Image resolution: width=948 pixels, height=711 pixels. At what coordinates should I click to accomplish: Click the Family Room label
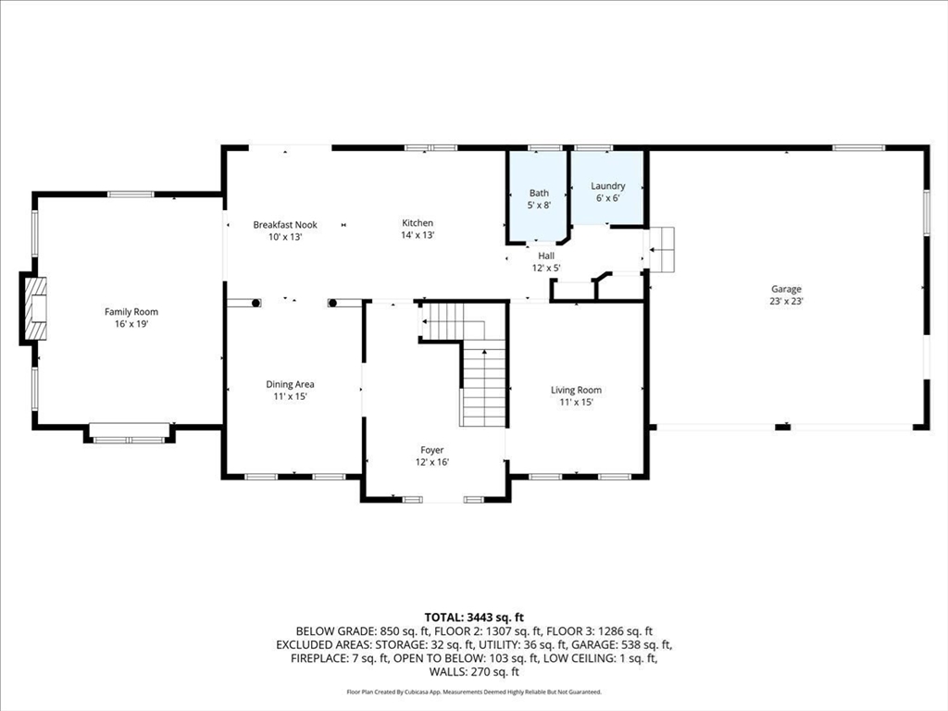click(x=131, y=312)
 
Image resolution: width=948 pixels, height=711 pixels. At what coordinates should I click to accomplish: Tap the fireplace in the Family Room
click(x=34, y=309)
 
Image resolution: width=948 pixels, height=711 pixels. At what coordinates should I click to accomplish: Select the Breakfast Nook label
click(x=285, y=225)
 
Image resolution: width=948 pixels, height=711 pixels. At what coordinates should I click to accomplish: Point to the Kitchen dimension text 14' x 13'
click(x=418, y=235)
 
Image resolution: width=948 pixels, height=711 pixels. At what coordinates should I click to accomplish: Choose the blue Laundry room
click(x=607, y=187)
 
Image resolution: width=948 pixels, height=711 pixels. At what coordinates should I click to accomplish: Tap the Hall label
click(x=546, y=256)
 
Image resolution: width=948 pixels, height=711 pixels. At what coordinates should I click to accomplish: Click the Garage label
click(x=786, y=289)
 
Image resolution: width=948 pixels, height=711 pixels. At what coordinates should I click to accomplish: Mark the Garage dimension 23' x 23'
click(x=786, y=301)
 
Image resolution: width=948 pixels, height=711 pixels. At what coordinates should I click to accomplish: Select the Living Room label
click(x=576, y=390)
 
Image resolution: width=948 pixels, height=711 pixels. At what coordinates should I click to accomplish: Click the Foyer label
click(x=431, y=450)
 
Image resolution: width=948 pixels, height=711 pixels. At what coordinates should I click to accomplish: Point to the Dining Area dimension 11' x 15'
click(x=290, y=396)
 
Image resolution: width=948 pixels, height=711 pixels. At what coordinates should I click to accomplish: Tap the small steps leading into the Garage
click(x=661, y=250)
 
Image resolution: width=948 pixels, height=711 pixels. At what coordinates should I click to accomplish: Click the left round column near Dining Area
click(x=256, y=303)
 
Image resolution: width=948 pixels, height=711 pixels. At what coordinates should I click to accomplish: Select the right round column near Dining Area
click(x=332, y=303)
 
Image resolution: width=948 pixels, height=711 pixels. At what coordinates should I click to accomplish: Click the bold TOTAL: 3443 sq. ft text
click(x=474, y=617)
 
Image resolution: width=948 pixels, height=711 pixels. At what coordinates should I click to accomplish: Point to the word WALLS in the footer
click(x=446, y=672)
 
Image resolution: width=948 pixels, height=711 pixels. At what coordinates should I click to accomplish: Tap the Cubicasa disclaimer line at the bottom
click(x=474, y=692)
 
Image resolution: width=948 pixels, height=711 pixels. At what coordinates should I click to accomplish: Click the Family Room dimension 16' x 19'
click(x=131, y=324)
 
